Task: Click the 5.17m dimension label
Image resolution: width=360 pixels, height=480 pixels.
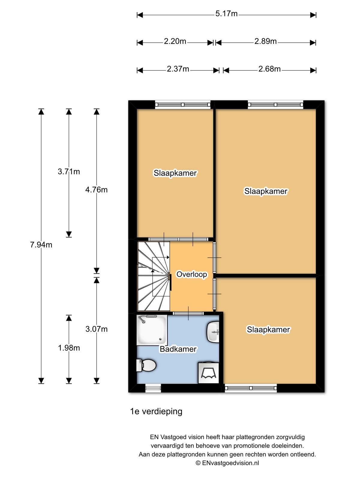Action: click(x=226, y=14)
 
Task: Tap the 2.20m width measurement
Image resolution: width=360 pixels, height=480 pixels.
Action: click(x=175, y=41)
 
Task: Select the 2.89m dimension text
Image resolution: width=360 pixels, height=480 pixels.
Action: click(x=265, y=41)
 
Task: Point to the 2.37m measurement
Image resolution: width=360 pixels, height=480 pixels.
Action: click(x=178, y=69)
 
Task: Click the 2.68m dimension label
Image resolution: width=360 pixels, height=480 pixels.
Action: click(x=269, y=69)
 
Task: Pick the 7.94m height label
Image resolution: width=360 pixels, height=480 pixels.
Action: click(x=41, y=245)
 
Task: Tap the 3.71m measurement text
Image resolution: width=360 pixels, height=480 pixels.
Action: click(x=69, y=172)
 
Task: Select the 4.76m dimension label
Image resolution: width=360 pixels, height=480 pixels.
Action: click(x=96, y=190)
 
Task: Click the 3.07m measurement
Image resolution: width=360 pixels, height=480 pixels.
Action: click(x=96, y=329)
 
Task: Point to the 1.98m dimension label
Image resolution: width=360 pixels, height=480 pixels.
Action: click(x=69, y=348)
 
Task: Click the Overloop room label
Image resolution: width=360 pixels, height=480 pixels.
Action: click(x=192, y=274)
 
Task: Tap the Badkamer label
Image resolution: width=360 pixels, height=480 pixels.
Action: click(x=178, y=349)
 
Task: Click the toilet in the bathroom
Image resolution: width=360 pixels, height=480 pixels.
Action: click(x=146, y=365)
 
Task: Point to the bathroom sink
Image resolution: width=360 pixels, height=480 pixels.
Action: click(x=213, y=332)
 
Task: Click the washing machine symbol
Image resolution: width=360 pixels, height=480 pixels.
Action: click(x=208, y=373)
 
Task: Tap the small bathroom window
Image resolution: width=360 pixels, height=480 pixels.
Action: click(x=153, y=388)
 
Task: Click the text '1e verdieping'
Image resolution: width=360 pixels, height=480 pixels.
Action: click(x=156, y=411)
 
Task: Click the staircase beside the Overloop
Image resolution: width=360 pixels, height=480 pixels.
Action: click(x=154, y=276)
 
